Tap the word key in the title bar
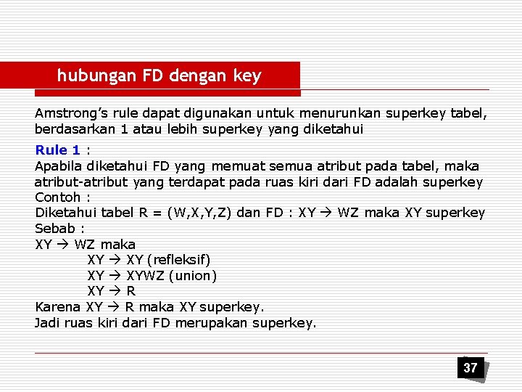click(x=247, y=75)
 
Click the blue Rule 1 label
click(x=58, y=150)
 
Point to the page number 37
click(x=471, y=367)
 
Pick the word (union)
click(x=192, y=276)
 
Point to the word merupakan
click(x=215, y=323)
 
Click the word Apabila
click(x=59, y=166)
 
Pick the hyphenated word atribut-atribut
click(x=82, y=182)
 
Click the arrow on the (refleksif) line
click(x=115, y=260)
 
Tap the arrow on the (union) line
click(x=115, y=276)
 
